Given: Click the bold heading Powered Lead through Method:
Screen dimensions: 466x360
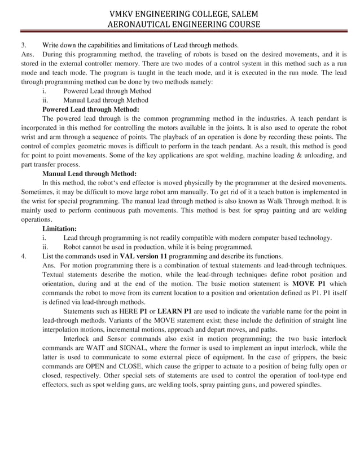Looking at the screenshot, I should pyautogui.click(x=90, y=109).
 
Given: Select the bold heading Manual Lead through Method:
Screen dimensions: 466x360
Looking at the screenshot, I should pyautogui.click(x=89, y=174).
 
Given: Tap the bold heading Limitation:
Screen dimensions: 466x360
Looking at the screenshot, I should pyautogui.click(x=59, y=228).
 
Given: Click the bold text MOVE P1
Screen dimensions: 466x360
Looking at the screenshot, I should pyautogui.click(x=309, y=283).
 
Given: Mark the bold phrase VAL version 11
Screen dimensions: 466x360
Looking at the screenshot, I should pyautogui.click(x=144, y=256).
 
